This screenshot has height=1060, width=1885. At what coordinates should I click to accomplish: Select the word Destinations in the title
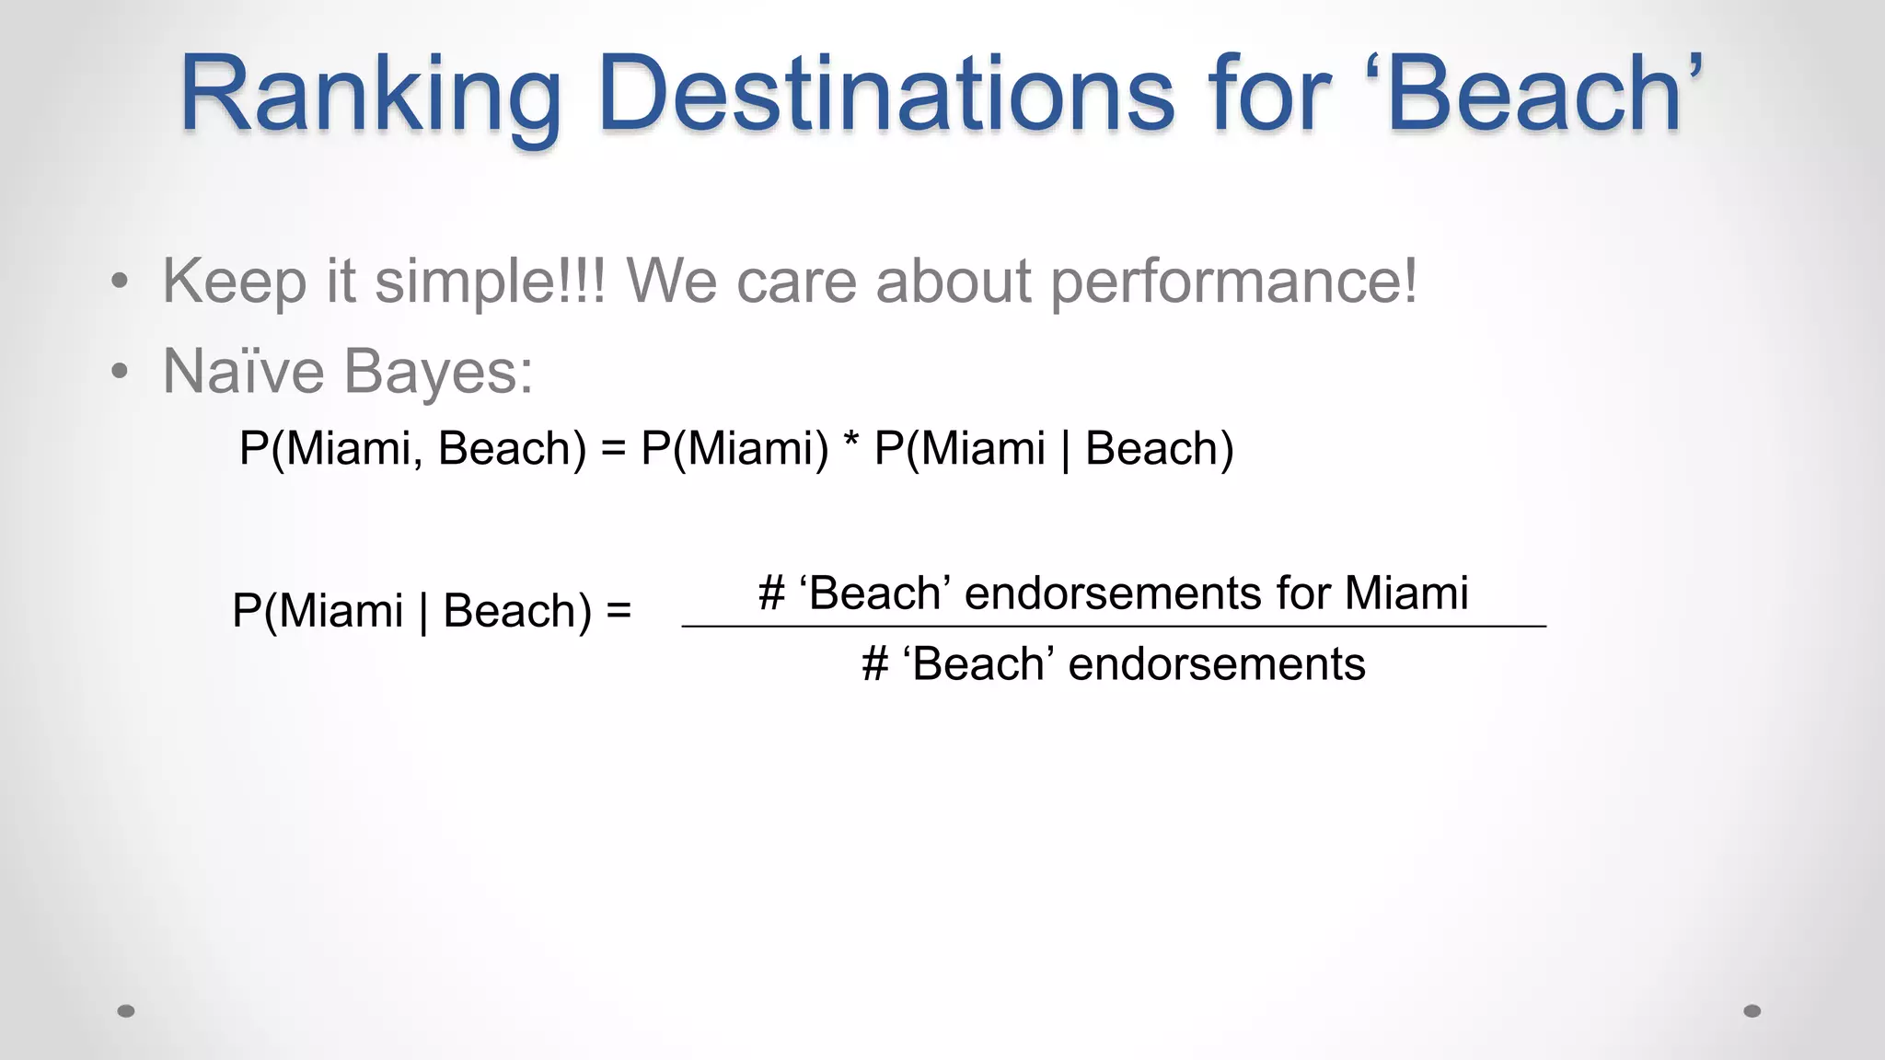tap(886, 94)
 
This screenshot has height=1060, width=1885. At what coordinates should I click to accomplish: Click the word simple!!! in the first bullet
tap(490, 281)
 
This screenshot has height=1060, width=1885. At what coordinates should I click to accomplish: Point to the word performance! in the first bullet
tap(1234, 282)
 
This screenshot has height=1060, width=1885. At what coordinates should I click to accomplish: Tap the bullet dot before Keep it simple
tap(119, 282)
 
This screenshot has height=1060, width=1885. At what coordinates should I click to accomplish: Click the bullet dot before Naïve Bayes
tap(119, 373)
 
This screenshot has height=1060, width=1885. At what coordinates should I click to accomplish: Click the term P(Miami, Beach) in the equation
tap(412, 449)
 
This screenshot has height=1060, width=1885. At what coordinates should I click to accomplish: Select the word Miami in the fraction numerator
tap(1405, 593)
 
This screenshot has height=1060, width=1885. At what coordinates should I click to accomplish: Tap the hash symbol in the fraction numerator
tap(772, 593)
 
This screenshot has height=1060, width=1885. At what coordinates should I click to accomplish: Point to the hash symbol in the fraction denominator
tap(875, 664)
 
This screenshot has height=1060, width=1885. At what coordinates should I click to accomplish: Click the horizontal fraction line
tap(1114, 626)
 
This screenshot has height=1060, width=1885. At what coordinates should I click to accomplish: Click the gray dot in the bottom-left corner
tap(126, 1011)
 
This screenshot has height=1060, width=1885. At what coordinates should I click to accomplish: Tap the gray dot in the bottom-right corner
tap(1752, 1011)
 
